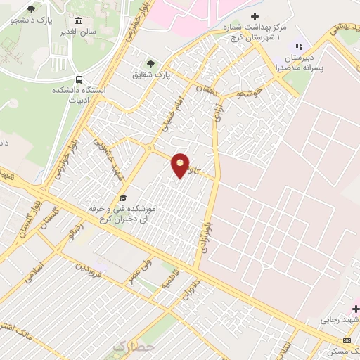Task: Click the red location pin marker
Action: coord(181,165)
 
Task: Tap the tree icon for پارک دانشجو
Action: coord(31,9)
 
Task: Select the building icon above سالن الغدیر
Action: coord(77,20)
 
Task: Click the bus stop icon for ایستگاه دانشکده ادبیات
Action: coord(79,80)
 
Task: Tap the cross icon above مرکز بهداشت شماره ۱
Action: coord(255,16)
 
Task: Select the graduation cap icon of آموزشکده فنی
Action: coord(123,198)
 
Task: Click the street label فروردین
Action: coord(90,268)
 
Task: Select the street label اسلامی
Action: coord(34,272)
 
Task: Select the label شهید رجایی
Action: coord(336,320)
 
